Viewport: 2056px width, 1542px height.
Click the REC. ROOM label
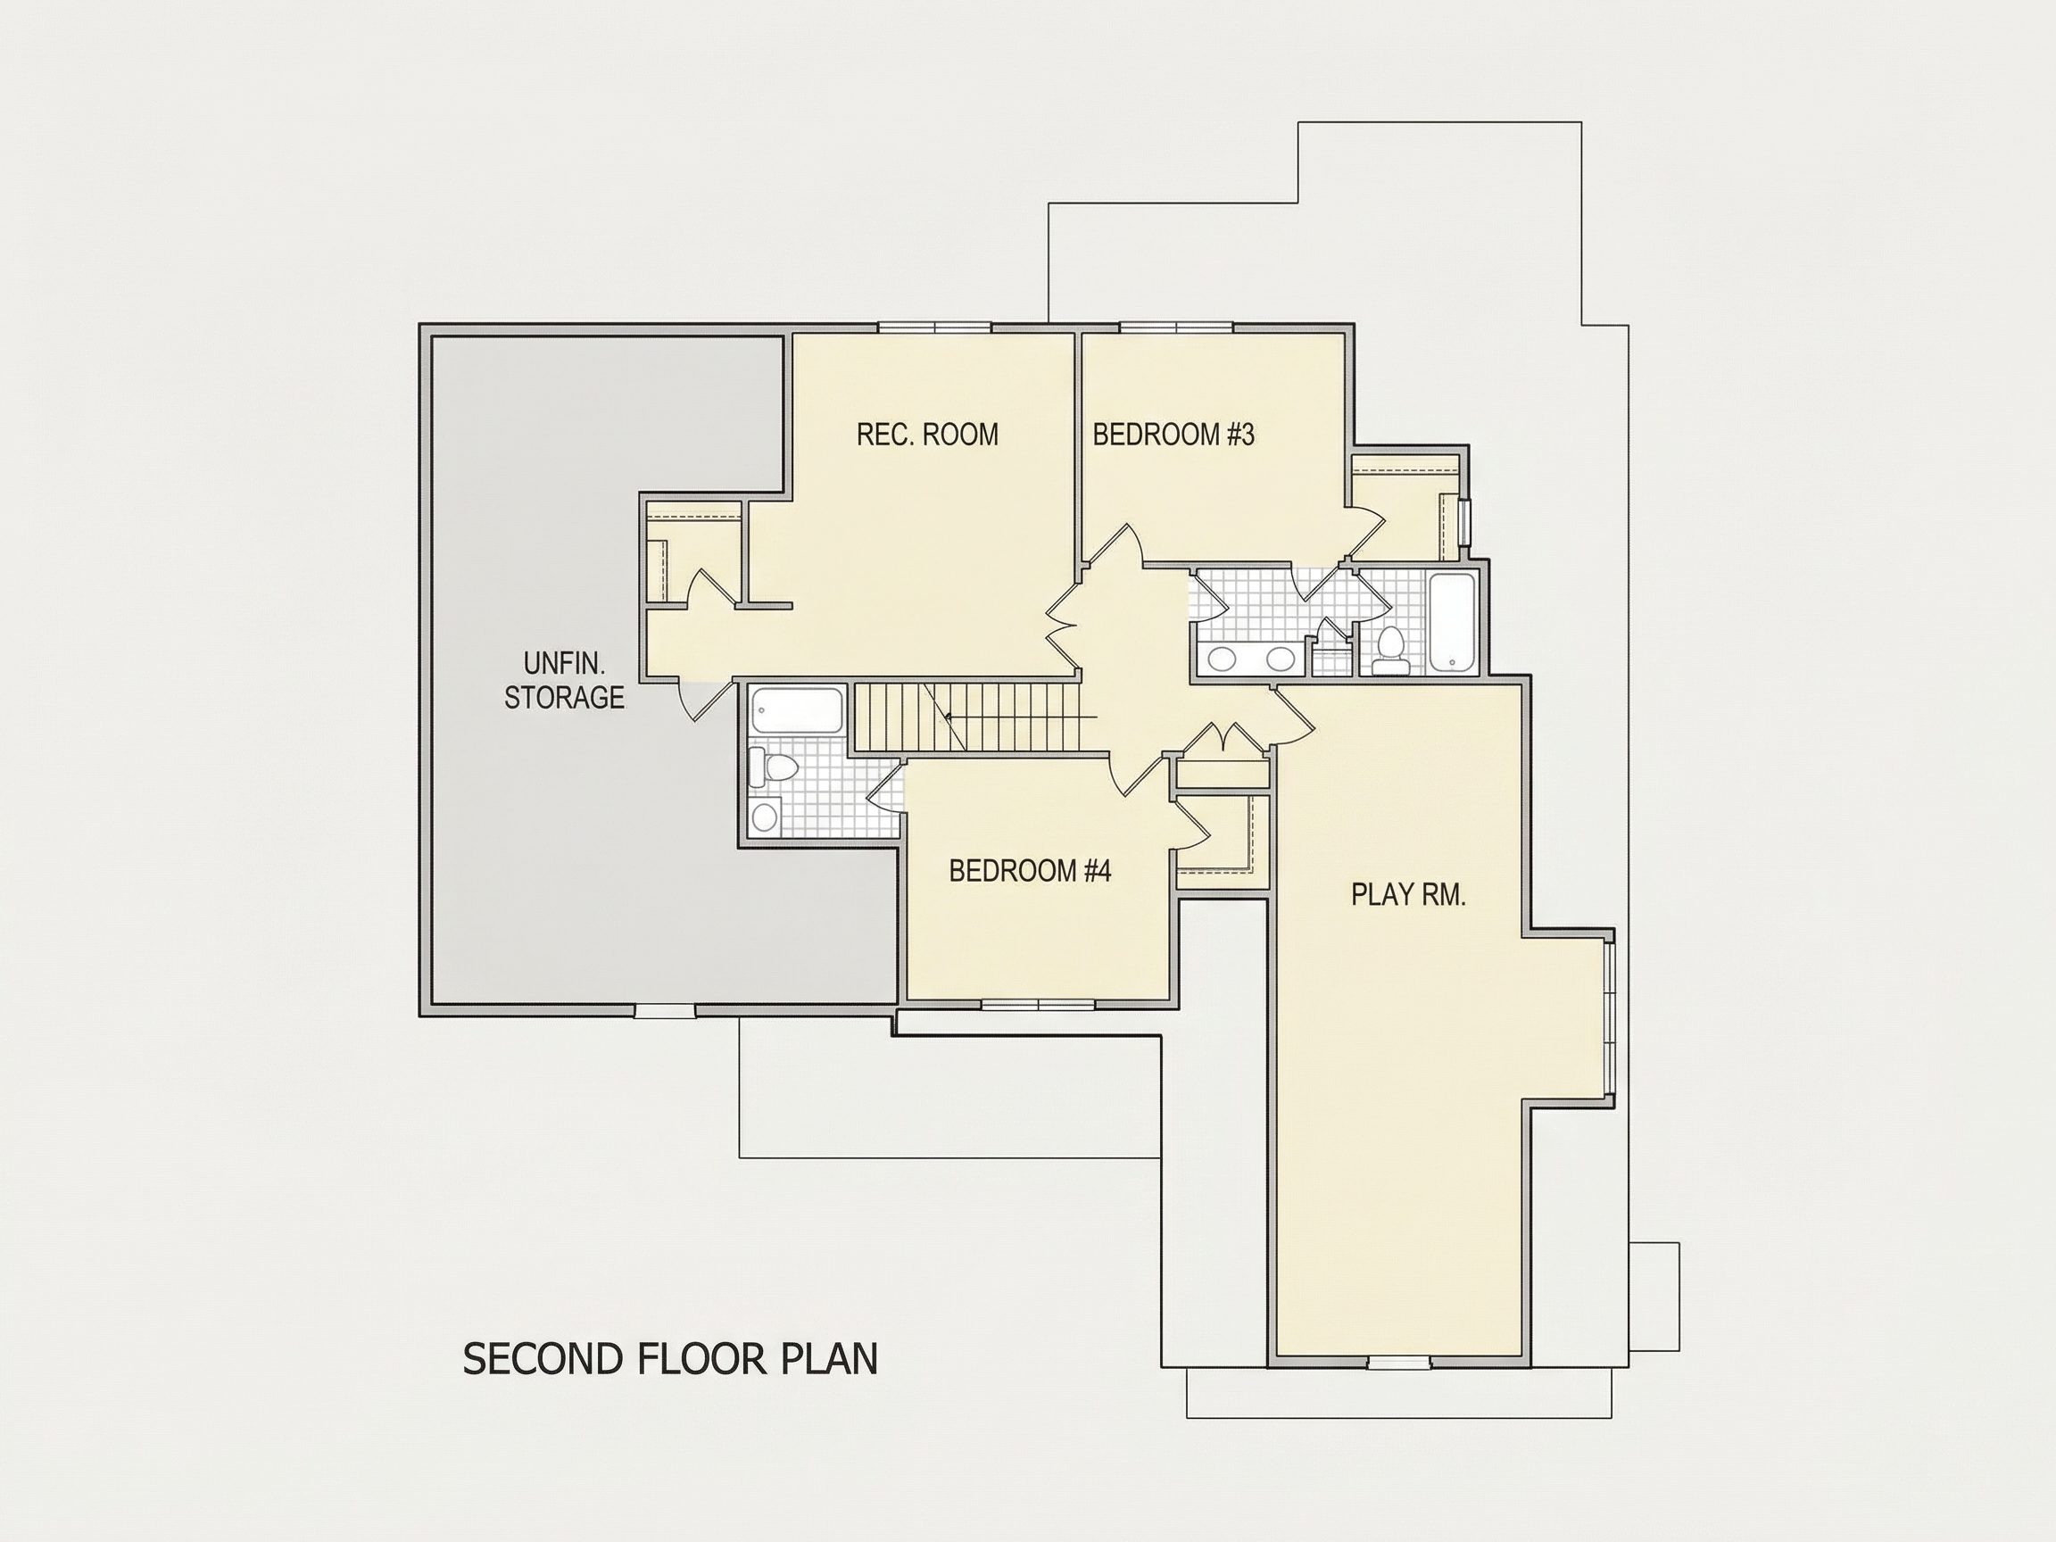(928, 435)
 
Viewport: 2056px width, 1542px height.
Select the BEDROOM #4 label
(1030, 871)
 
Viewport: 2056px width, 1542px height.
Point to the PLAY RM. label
(1408, 895)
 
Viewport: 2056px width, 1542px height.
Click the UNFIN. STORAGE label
(564, 680)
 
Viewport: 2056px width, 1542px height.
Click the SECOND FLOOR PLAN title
(670, 1359)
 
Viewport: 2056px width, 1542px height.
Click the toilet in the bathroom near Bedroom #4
(775, 767)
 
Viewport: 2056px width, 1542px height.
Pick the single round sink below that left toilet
(765, 817)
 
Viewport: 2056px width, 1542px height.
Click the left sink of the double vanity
(1221, 660)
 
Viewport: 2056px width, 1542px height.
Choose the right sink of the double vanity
(1281, 660)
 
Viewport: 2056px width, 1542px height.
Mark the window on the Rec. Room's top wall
(935, 327)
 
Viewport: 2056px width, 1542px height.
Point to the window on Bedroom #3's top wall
(1177, 327)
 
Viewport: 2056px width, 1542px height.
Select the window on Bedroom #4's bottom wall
(1038, 1004)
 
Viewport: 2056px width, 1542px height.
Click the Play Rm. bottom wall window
(1399, 1363)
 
